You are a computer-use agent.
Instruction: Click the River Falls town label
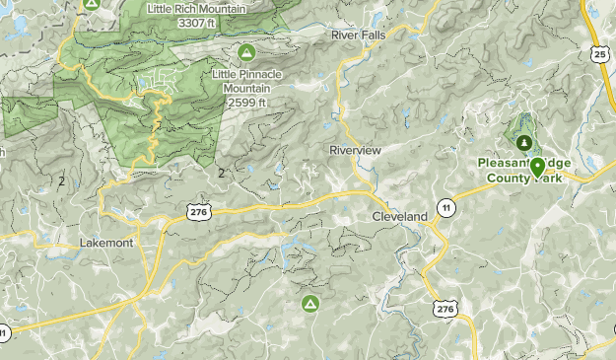pyautogui.click(x=358, y=34)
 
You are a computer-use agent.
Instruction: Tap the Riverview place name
pyautogui.click(x=355, y=149)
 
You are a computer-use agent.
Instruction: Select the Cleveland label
pyautogui.click(x=399, y=216)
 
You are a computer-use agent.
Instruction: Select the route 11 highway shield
pyautogui.click(x=447, y=208)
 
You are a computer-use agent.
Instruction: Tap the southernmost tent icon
pyautogui.click(x=309, y=303)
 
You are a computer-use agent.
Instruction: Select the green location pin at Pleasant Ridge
pyautogui.click(x=538, y=167)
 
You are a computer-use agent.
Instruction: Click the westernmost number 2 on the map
pyautogui.click(x=61, y=181)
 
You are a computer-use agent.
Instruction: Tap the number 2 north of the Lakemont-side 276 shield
pyautogui.click(x=222, y=174)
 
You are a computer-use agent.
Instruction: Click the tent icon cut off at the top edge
pyautogui.click(x=92, y=3)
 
